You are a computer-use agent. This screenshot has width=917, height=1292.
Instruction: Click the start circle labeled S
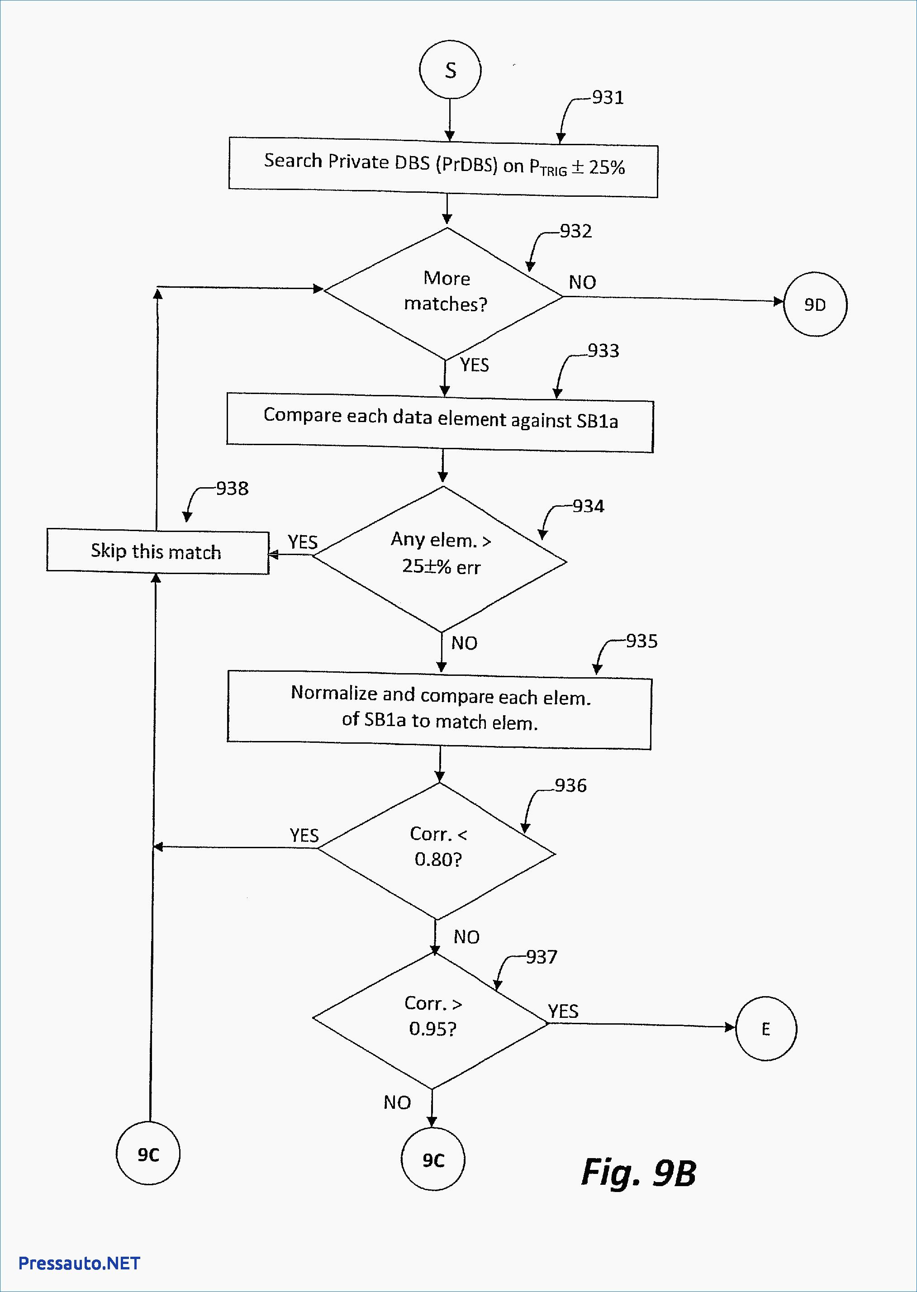pos(450,70)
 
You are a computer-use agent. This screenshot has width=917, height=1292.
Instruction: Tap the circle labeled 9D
pos(815,304)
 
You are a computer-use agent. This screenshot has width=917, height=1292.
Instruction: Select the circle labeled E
pos(765,1029)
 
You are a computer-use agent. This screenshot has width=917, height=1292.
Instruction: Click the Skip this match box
pos(157,551)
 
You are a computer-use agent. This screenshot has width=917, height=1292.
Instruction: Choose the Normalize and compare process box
pos(439,710)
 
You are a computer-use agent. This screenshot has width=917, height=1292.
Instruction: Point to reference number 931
pos(608,98)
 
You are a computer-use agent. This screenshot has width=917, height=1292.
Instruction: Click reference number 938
pos(232,489)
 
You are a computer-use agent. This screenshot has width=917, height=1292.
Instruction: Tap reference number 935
pos(641,641)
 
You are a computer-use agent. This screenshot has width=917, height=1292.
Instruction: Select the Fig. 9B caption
pos(639,1173)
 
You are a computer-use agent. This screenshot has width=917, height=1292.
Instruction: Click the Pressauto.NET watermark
pos(79,1263)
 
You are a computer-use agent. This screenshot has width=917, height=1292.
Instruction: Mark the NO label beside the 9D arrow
pos(582,282)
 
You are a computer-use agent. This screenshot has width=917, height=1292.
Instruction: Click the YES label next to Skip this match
pos(303,542)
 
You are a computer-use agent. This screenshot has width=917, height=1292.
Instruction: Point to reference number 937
pos(542,957)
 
